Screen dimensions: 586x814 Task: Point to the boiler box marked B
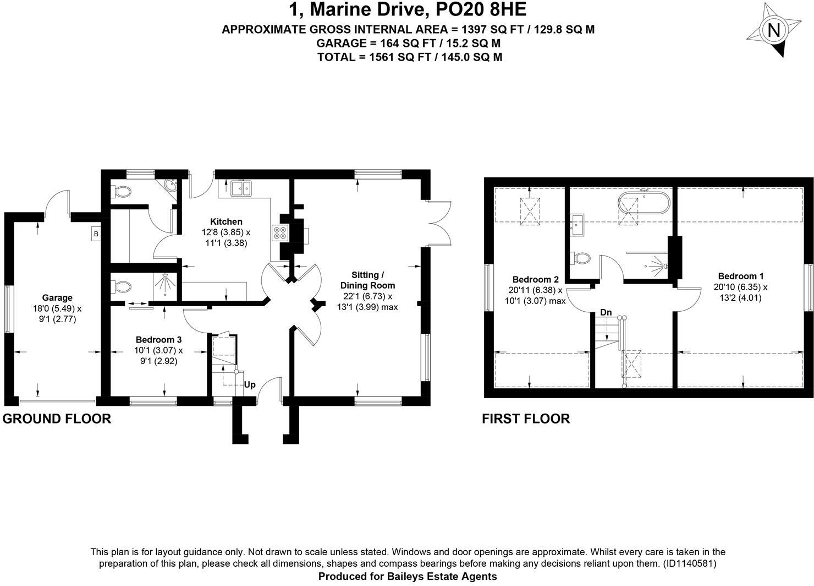(x=96, y=234)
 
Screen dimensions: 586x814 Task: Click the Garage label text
(x=57, y=298)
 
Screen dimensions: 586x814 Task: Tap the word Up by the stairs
(x=249, y=384)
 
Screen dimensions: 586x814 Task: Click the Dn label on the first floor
(x=606, y=312)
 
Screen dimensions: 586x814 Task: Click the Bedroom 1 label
(x=740, y=276)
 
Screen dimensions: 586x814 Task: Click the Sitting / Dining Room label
(x=367, y=280)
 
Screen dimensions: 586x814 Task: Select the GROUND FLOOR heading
(x=57, y=419)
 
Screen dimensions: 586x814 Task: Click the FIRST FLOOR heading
(x=525, y=419)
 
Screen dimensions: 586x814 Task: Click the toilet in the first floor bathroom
(x=581, y=257)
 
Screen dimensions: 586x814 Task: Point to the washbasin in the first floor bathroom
(x=577, y=225)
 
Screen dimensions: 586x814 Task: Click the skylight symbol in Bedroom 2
(x=529, y=209)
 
